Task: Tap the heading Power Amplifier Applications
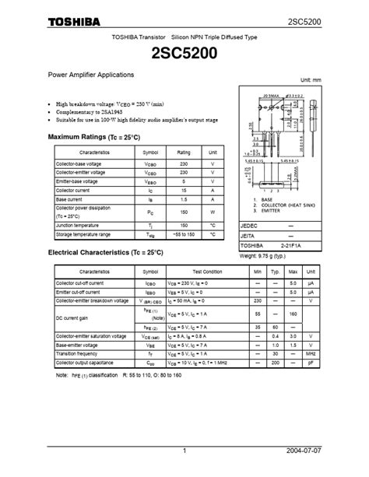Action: [x=92, y=75]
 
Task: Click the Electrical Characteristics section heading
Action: [x=106, y=253]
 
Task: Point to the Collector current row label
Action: [x=73, y=190]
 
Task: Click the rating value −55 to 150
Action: [x=184, y=234]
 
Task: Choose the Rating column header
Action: [x=184, y=153]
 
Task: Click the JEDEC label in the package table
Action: [x=250, y=224]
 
